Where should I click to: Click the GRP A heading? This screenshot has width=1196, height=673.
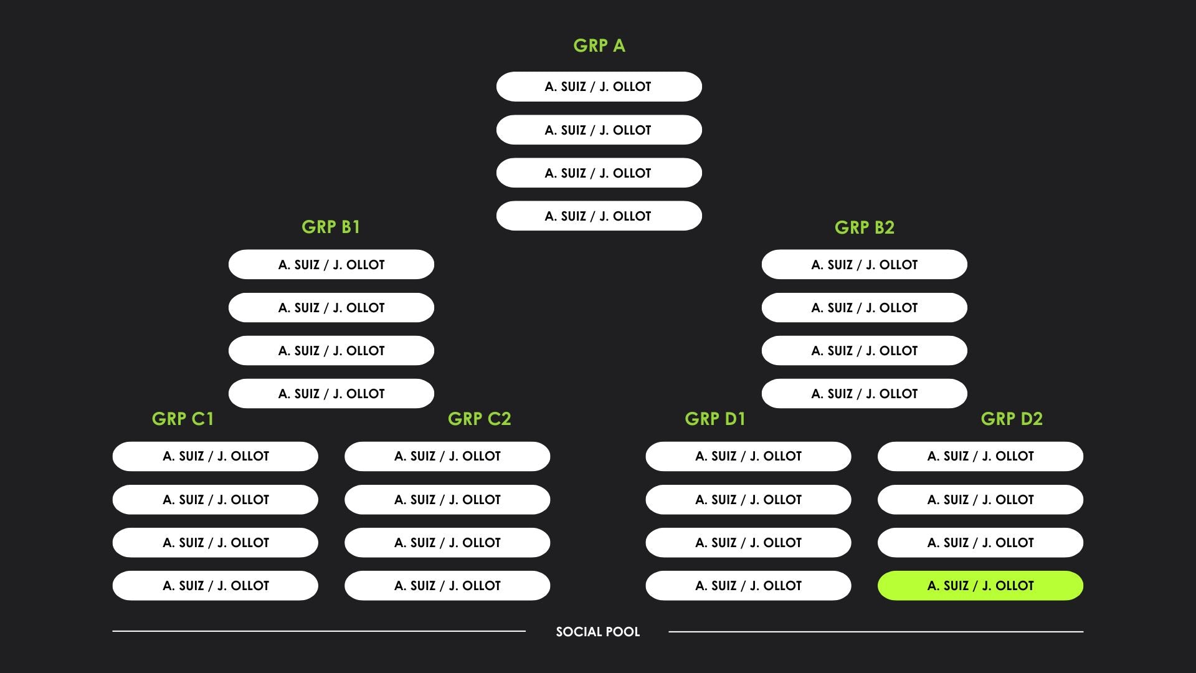(x=599, y=45)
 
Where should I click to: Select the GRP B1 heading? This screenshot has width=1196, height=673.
(x=331, y=227)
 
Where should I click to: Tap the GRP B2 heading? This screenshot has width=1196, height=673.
(x=864, y=227)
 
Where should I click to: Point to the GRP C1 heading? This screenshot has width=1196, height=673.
(x=183, y=419)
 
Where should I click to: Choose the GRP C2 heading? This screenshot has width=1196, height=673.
(x=479, y=419)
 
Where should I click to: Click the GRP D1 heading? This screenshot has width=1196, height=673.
(x=714, y=419)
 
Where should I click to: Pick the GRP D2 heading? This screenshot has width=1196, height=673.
(x=1011, y=419)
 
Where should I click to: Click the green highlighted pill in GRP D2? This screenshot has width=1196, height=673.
(x=980, y=586)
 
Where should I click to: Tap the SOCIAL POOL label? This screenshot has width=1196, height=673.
(x=597, y=632)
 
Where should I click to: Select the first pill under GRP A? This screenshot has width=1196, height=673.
(x=599, y=87)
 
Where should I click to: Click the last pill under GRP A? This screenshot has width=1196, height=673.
(x=599, y=216)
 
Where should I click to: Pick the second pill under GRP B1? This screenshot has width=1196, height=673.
(x=331, y=308)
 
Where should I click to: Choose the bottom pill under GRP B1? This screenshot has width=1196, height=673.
(x=331, y=394)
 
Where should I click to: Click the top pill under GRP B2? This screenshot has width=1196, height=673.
(x=864, y=265)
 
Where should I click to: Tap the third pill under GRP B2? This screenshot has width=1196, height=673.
(x=864, y=351)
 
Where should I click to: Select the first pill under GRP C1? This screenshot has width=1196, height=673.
(x=215, y=456)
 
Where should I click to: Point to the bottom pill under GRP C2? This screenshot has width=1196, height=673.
(x=447, y=586)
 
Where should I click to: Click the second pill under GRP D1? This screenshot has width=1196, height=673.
(x=748, y=500)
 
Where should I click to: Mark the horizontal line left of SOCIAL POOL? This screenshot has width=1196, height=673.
(x=318, y=631)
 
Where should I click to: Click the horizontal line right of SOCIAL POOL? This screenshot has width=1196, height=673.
(x=875, y=631)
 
